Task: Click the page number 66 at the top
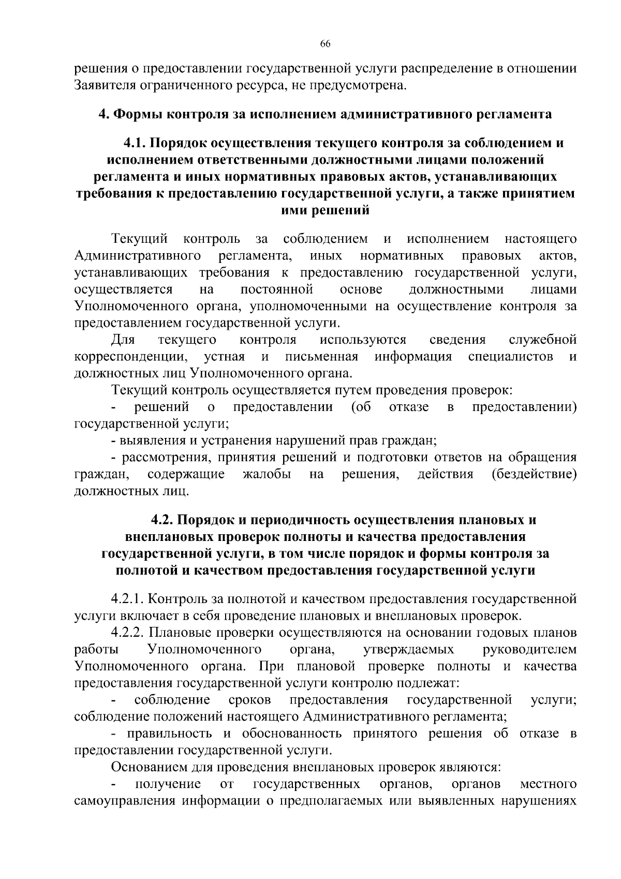click(326, 44)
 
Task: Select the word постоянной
click(277, 289)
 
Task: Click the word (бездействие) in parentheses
click(535, 474)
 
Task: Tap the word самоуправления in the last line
click(125, 801)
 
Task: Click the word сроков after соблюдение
click(249, 700)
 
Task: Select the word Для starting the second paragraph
click(123, 340)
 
